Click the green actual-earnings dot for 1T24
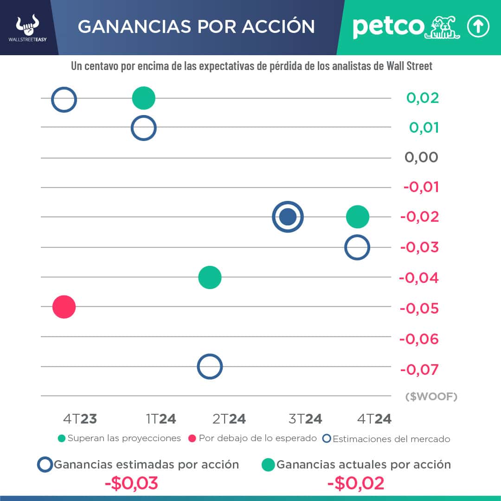point(143,98)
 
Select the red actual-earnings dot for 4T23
point(64,307)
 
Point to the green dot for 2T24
point(210,277)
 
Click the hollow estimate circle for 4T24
point(357,247)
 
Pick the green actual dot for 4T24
point(357,217)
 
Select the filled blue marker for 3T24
point(288,217)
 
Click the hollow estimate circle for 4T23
point(64,99)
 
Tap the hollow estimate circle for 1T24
point(143,128)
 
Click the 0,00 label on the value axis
point(421,157)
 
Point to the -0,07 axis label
point(419,370)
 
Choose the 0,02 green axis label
point(423,98)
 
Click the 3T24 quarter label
point(305,419)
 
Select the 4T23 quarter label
point(80,419)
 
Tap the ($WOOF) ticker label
point(431,397)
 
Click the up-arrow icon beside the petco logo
point(478,27)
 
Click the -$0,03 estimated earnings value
point(131,483)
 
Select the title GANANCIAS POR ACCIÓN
point(196,26)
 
